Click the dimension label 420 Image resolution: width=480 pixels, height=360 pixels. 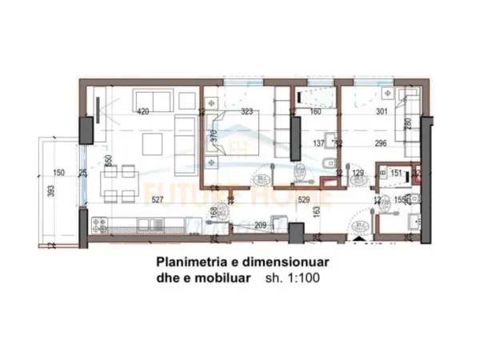click(x=144, y=110)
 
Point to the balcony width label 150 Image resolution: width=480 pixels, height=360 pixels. click(x=58, y=173)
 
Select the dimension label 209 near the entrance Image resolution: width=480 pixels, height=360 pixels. click(x=260, y=226)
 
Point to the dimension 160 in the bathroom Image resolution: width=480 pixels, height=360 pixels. click(x=314, y=111)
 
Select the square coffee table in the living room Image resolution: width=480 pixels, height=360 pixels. click(x=150, y=146)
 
